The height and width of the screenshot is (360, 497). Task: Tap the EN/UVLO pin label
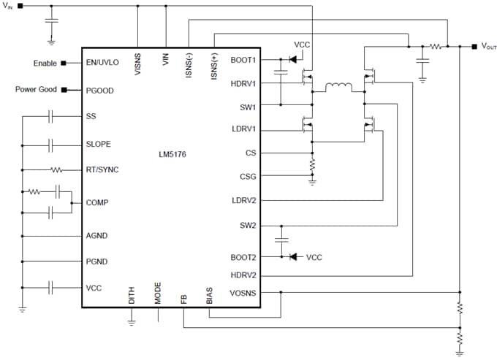click(x=102, y=63)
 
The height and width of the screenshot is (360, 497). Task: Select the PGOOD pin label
click(x=99, y=90)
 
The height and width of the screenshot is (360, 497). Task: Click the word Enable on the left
click(x=45, y=64)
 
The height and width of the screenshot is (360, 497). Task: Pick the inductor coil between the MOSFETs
click(x=338, y=88)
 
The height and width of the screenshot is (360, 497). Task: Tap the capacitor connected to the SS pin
click(x=51, y=116)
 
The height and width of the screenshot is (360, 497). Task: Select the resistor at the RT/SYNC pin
click(x=56, y=170)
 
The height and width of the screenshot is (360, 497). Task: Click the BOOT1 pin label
click(x=243, y=60)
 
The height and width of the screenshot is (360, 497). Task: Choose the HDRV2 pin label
click(x=243, y=275)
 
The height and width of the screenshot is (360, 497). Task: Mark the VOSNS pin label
click(x=243, y=292)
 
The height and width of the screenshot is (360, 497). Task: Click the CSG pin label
click(x=248, y=176)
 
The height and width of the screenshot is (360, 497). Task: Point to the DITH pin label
click(x=132, y=295)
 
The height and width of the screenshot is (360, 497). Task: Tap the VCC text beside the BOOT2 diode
click(x=314, y=258)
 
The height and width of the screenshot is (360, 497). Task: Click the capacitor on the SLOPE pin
click(x=51, y=145)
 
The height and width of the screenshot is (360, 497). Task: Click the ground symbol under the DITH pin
click(x=132, y=320)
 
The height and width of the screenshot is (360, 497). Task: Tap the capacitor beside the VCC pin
click(x=51, y=288)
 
